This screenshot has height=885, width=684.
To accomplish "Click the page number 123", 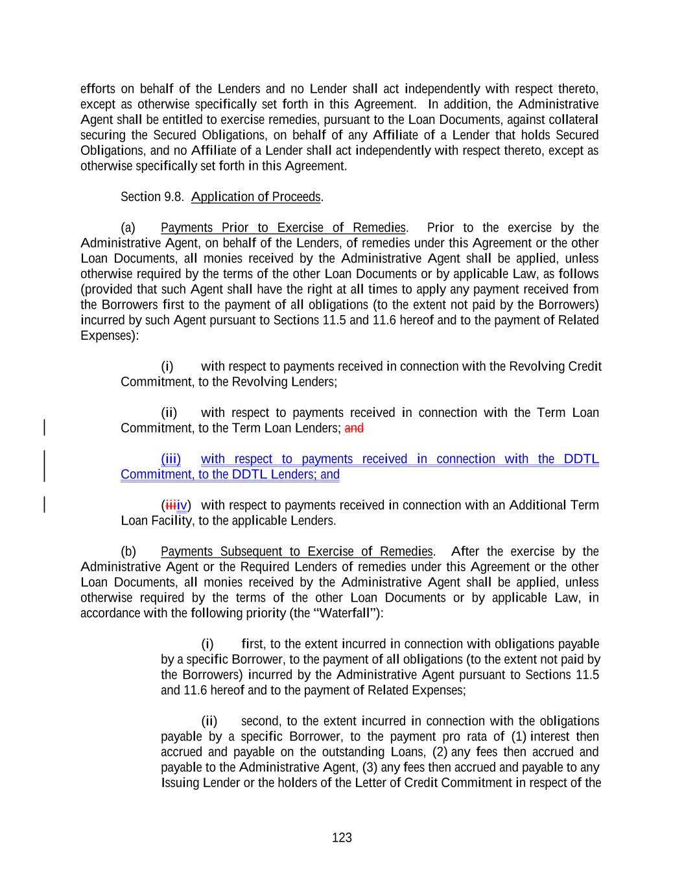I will [342, 838].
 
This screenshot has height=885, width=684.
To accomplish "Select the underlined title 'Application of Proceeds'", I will [256, 196].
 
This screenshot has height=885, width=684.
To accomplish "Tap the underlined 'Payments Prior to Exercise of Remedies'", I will [283, 228].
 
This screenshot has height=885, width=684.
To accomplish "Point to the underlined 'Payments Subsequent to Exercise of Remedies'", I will [296, 552].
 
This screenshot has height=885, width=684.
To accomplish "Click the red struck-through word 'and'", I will [354, 428].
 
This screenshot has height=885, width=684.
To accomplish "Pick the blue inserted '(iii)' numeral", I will [171, 459].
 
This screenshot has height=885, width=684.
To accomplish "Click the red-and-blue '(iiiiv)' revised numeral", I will [176, 505].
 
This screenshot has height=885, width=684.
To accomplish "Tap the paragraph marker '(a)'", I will [128, 228].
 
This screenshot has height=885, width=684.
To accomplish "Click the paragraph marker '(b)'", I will [128, 552].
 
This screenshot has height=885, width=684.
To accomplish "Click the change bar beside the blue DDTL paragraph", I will [44, 466].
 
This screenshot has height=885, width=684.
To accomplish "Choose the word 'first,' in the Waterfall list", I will [252, 644].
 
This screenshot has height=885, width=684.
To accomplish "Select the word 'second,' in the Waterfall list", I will [261, 721].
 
